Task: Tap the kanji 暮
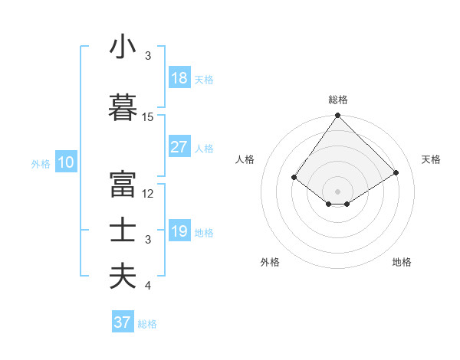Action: pyautogui.click(x=123, y=107)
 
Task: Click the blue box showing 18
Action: pyautogui.click(x=179, y=78)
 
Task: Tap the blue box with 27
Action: pyautogui.click(x=179, y=147)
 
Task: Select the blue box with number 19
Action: pyautogui.click(x=179, y=231)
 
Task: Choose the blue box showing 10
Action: pyautogui.click(x=65, y=162)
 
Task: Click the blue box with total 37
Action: pyautogui.click(x=123, y=322)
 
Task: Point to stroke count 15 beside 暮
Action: pyautogui.click(x=148, y=117)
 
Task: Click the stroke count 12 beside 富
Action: pyautogui.click(x=148, y=194)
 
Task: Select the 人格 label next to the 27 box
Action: pyautogui.click(x=204, y=148)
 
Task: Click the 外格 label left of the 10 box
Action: pyautogui.click(x=41, y=163)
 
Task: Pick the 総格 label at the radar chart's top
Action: pyautogui.click(x=338, y=100)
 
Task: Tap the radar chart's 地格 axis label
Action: pyautogui.click(x=402, y=262)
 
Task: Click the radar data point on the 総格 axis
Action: pyautogui.click(x=337, y=116)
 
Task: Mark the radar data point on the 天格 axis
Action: pyautogui.click(x=396, y=172)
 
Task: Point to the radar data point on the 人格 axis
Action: pyautogui.click(x=294, y=177)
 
